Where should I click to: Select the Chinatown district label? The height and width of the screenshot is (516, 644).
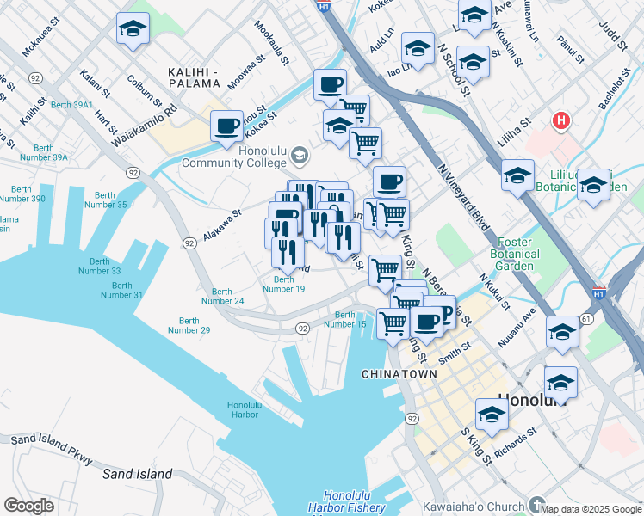pos(395,374)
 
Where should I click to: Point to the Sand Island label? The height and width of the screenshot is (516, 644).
pos(138,474)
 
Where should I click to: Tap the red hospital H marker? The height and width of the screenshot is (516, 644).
pos(561,121)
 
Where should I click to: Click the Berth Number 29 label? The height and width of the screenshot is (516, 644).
pos(189,324)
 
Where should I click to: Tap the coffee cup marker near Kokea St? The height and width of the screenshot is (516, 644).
pos(227,126)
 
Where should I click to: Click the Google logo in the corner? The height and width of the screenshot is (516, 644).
pos(28,506)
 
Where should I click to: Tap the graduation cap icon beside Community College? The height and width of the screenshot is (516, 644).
pos(300,156)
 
